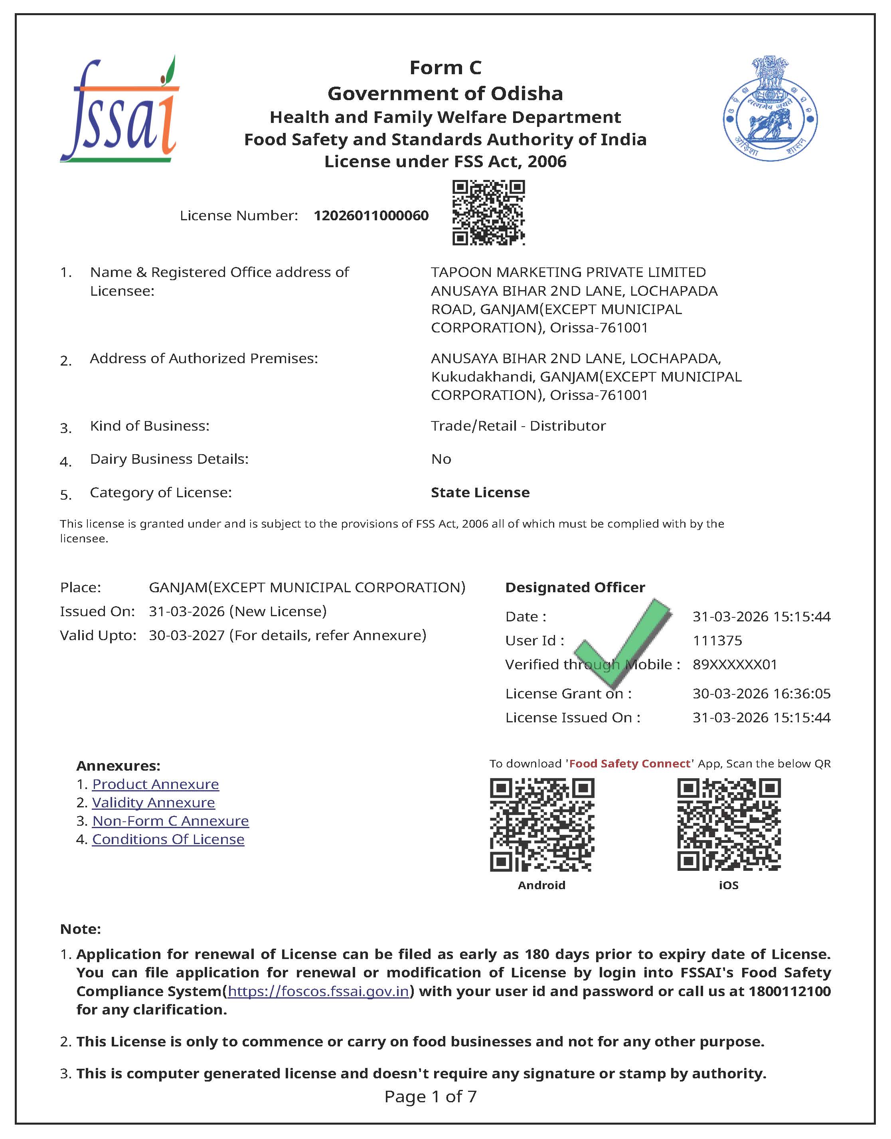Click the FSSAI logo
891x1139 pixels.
(119, 110)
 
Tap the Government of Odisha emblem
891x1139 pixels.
(770, 109)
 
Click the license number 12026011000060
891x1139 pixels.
(371, 216)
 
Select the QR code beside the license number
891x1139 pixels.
(488, 212)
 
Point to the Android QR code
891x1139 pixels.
(541, 825)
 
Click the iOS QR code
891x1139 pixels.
(729, 825)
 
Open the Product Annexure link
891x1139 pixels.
(156, 784)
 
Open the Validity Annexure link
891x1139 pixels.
(153, 803)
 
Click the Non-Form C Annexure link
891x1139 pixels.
(171, 821)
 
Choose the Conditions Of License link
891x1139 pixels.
(168, 839)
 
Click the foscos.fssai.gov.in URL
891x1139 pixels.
(318, 991)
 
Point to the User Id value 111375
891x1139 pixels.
(717, 640)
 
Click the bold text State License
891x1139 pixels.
(480, 492)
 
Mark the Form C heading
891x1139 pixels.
(445, 68)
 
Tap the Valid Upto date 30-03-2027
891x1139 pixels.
(187, 635)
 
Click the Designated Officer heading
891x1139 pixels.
(575, 587)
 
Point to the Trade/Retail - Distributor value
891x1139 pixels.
(518, 426)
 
